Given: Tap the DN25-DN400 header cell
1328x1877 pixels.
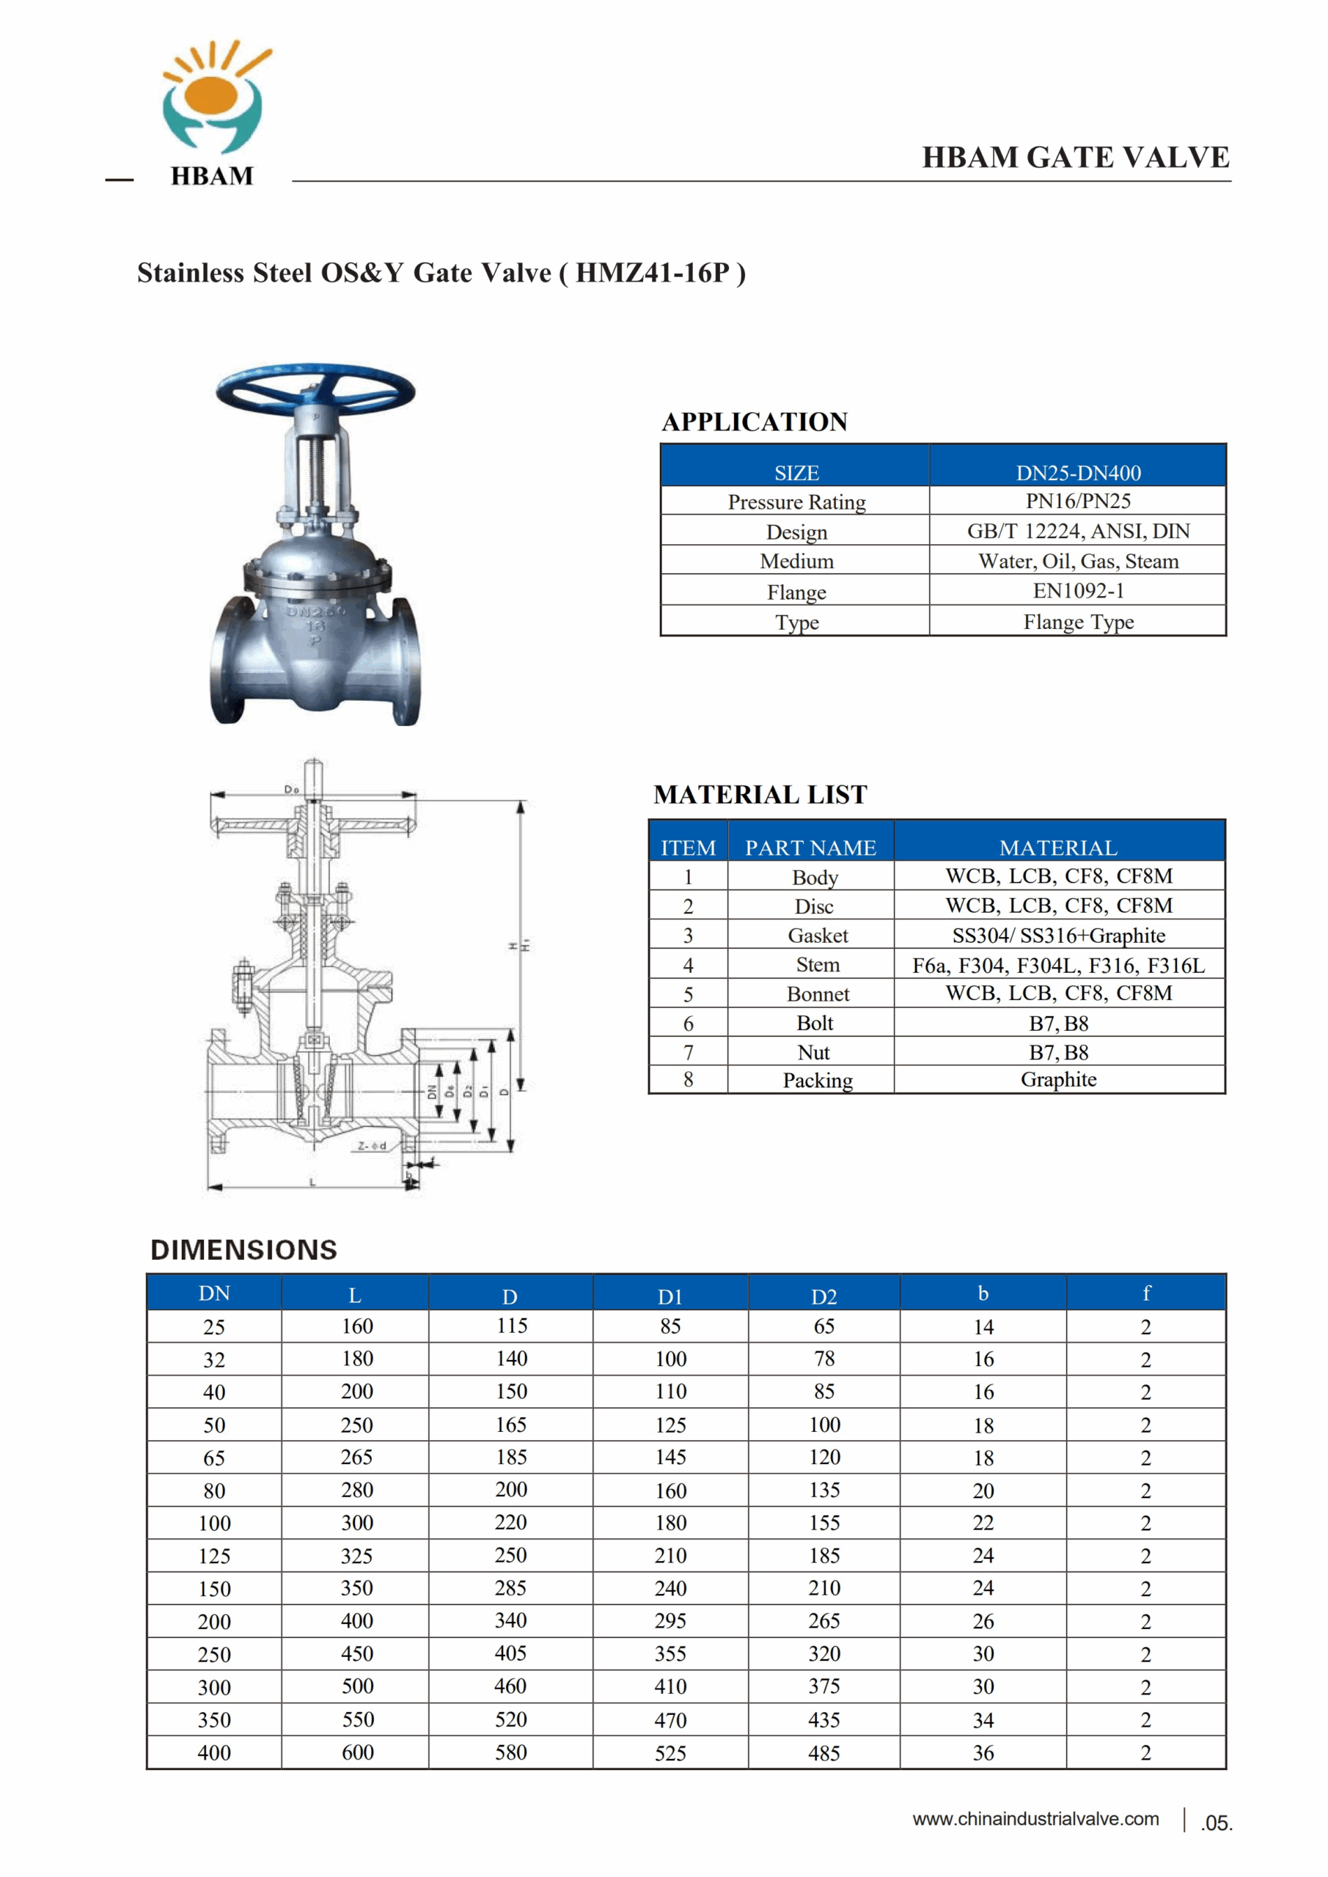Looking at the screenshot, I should (1078, 472).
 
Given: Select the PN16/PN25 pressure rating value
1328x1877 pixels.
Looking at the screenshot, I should (1078, 501).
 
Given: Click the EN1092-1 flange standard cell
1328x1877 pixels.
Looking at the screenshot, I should (1078, 591).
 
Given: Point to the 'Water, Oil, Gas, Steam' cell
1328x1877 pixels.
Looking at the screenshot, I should (1078, 561).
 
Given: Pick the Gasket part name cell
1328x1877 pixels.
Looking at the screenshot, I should (817, 936).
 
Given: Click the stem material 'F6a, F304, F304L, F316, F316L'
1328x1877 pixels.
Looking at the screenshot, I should (1058, 966).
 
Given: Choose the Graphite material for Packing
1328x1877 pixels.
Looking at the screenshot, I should (1058, 1080).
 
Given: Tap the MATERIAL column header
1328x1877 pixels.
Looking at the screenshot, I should (1058, 848).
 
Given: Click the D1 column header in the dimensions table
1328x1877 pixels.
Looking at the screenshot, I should (669, 1296).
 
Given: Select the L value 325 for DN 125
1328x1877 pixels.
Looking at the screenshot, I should (356, 1556).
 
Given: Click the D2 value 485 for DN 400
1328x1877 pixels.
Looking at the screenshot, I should (823, 1753).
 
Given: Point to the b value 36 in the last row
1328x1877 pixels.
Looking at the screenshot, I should (983, 1753).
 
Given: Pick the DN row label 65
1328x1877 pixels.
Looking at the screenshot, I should (214, 1458).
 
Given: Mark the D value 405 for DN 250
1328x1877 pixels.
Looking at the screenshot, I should (510, 1654).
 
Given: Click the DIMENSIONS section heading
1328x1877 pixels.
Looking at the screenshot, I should (243, 1250).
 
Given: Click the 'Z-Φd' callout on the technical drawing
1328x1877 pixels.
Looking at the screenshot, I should (372, 1145).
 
